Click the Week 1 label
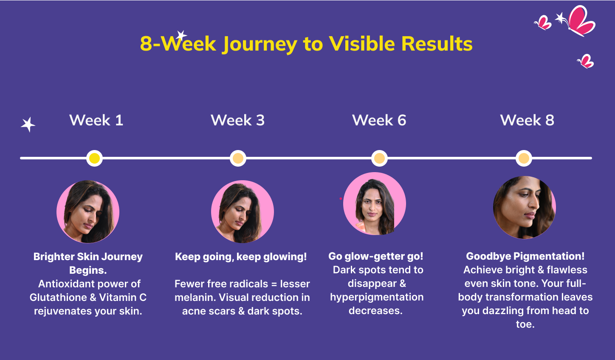96,120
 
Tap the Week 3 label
237,120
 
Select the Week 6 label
379,120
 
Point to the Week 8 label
527,120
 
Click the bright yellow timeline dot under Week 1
94,158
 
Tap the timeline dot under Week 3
238,158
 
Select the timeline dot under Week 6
379,158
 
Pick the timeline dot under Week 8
524,158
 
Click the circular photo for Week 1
88,212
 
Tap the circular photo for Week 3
243,212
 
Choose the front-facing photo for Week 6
375,204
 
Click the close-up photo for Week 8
525,207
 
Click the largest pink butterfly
581,21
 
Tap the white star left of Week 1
28,125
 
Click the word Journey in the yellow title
260,44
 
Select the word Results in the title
437,43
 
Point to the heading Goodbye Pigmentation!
525,256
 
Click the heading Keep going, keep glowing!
241,257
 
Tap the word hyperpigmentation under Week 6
377,298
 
